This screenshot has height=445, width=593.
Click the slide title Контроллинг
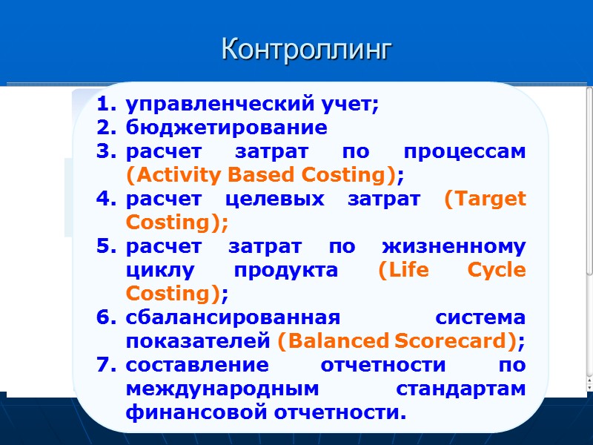(305, 50)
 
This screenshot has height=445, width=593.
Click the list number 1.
(105, 105)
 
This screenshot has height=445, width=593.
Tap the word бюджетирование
(226, 128)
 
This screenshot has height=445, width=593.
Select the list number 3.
(105, 152)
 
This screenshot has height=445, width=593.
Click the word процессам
(465, 152)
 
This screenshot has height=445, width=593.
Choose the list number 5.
(105, 247)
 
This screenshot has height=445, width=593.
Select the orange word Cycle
(497, 271)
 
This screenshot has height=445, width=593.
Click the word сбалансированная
(233, 318)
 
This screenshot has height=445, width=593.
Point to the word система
(480, 318)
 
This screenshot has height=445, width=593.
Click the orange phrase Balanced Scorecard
(397, 342)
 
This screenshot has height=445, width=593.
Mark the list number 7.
(105, 366)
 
